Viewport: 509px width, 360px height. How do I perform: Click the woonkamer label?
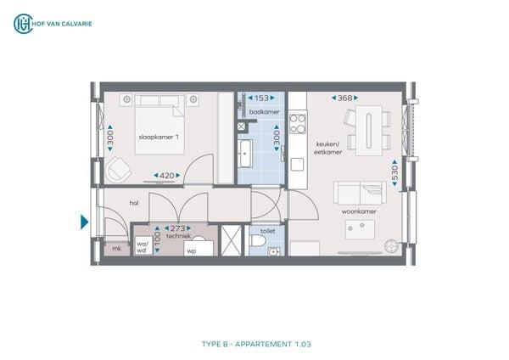tap(359, 211)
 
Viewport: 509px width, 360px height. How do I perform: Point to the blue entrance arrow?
tap(84, 222)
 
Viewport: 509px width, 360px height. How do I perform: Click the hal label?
tap(134, 204)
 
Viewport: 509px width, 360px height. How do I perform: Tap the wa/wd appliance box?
tap(142, 246)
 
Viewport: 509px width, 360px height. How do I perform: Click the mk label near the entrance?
tap(115, 249)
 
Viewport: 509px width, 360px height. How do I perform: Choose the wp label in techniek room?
tap(192, 251)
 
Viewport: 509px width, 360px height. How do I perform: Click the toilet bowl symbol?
tap(259, 245)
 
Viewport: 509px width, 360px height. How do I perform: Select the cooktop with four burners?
tap(298, 125)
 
